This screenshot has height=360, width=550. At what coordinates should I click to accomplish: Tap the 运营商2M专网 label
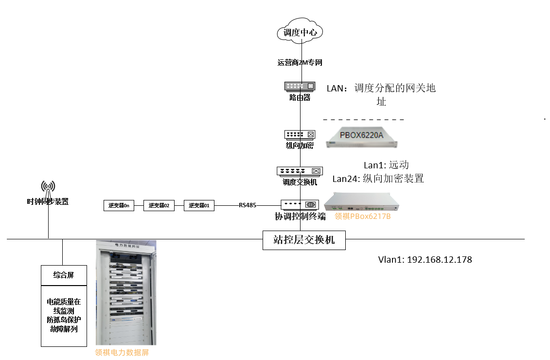300,63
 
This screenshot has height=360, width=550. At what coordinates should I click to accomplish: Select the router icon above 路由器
300,86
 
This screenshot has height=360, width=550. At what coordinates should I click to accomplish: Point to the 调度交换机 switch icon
300,171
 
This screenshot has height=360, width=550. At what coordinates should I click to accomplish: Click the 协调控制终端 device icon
300,205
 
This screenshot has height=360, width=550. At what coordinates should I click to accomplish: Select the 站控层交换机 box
304,239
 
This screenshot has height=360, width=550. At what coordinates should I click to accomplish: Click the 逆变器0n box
119,205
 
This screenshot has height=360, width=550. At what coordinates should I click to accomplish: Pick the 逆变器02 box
159,205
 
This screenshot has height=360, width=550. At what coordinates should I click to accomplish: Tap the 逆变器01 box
199,205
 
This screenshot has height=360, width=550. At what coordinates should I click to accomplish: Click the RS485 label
248,205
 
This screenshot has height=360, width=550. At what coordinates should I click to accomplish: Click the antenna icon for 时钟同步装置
48,187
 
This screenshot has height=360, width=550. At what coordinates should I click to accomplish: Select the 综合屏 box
64,275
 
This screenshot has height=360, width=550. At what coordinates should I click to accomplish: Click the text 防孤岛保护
64,320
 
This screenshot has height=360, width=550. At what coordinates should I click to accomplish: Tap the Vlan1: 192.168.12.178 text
425,260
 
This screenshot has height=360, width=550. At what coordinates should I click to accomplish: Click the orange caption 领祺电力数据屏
122,353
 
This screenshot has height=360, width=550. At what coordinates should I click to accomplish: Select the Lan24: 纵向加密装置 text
378,179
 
